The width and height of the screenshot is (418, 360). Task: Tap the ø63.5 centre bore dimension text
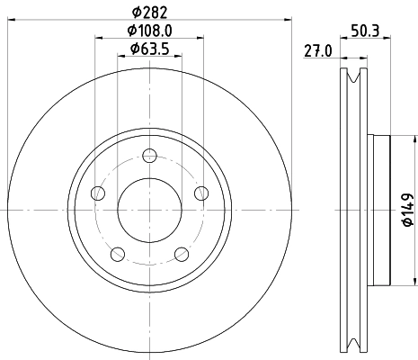pos(150,49)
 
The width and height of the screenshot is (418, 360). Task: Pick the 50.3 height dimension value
pos(363,31)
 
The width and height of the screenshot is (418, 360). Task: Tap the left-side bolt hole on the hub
pos(100,193)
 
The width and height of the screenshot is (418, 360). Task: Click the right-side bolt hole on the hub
pos(200,193)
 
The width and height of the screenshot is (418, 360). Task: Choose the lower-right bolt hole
pos(182,253)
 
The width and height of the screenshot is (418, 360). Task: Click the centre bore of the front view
pos(150,209)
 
